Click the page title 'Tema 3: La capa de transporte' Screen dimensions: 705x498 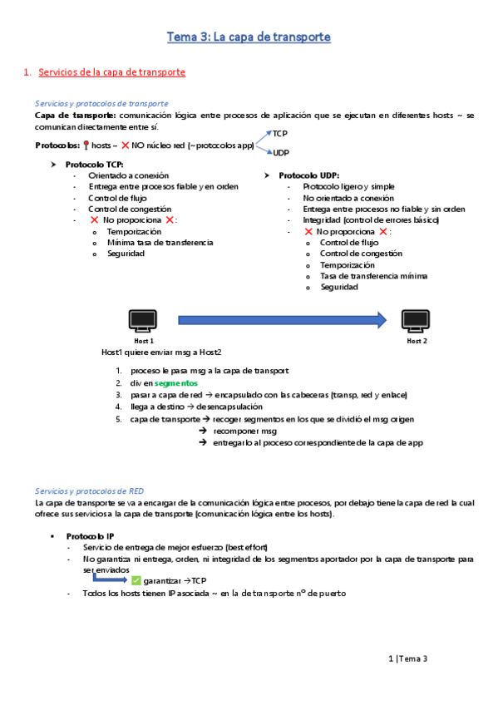click(249, 37)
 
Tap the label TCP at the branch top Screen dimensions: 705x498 click(280, 133)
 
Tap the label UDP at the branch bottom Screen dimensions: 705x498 click(281, 153)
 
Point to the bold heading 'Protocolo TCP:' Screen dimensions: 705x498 click(94, 165)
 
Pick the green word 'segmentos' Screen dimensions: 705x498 click(175, 383)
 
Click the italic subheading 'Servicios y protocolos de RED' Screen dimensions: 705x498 click(90, 491)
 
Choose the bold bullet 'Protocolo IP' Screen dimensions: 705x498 click(92, 536)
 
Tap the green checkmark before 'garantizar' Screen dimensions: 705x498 click(136, 580)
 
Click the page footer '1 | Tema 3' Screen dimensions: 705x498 click(407, 658)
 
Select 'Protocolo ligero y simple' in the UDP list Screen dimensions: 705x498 click(348, 187)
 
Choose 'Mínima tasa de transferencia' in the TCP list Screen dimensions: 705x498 click(160, 243)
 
